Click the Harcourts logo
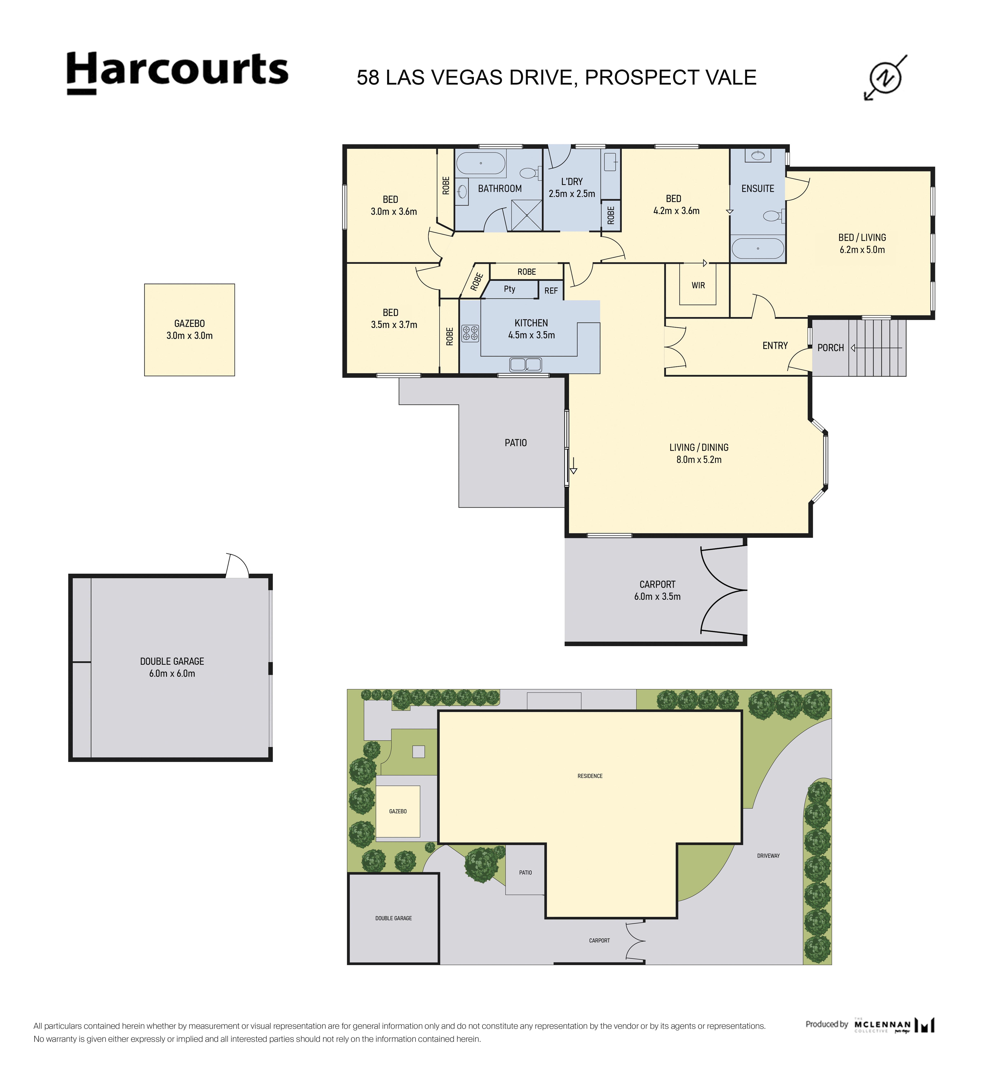177,73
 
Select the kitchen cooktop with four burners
470,333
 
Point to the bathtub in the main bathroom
481,163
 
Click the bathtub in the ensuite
758,249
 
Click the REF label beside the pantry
551,291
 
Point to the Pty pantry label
509,289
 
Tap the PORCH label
831,348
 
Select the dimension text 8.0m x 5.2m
699,460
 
